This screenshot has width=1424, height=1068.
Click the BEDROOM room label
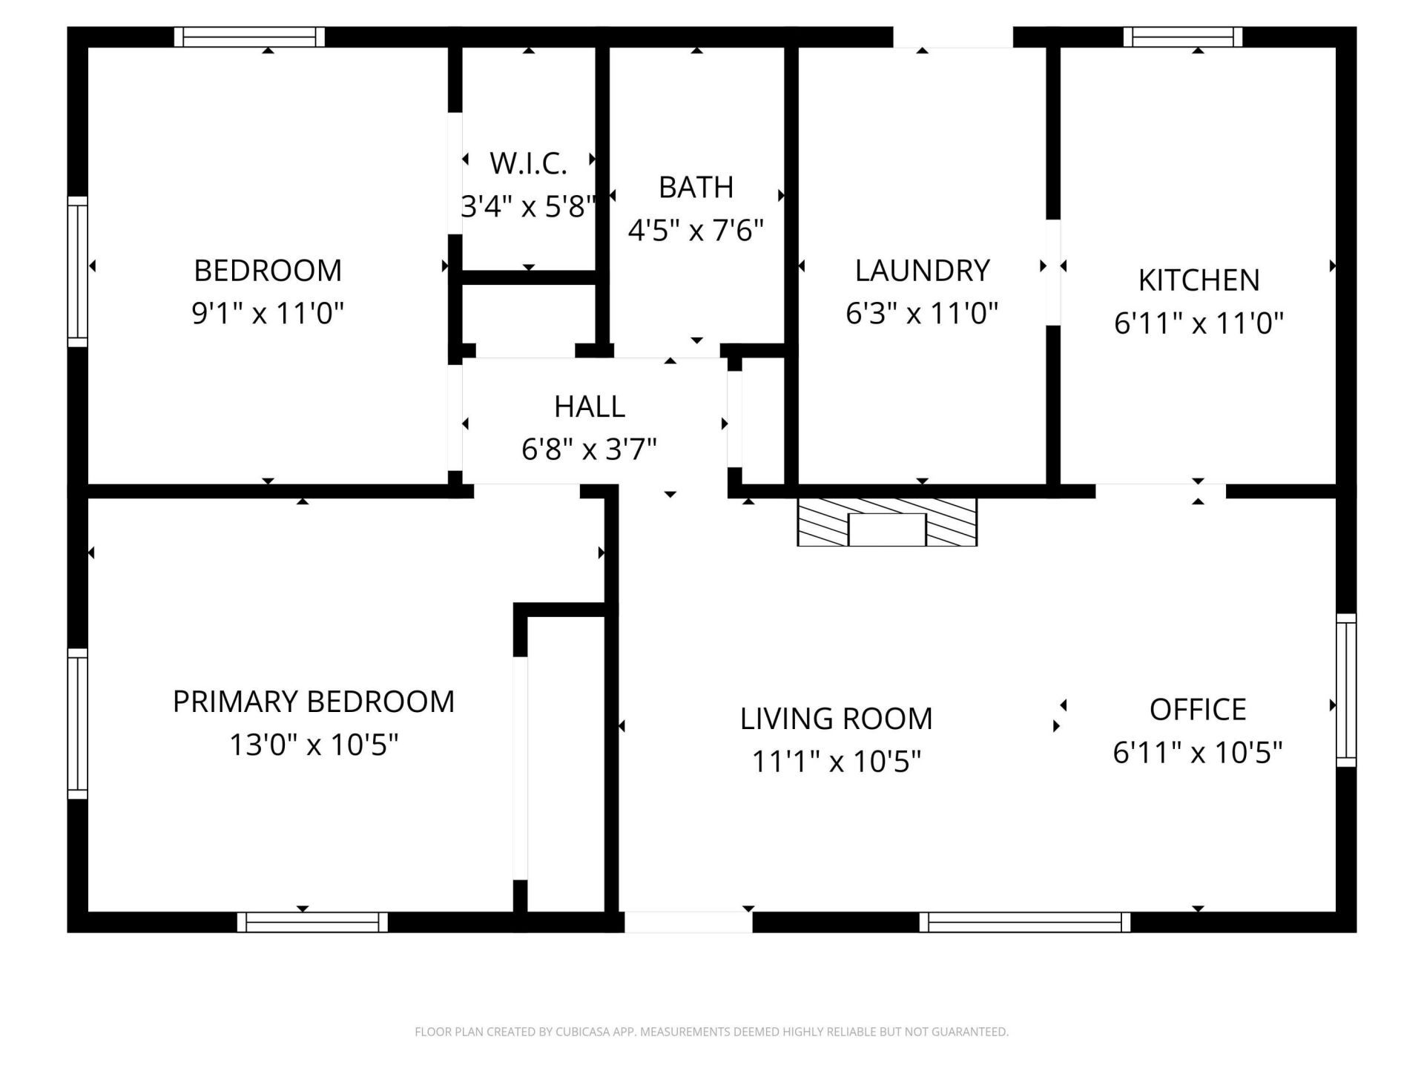pos(268,271)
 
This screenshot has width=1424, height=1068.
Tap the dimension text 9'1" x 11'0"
pos(268,313)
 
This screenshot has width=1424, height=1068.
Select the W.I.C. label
pos(528,164)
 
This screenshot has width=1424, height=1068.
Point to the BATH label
pos(696,188)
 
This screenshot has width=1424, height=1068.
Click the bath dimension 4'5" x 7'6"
pos(696,231)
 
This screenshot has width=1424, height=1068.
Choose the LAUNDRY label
pos(922,271)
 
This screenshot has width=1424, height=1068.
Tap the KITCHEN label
pos(1199,280)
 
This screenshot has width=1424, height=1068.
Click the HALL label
pos(590,406)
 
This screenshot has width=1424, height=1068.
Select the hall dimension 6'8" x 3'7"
pos(590,449)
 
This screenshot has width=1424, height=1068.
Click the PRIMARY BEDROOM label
pos(313,702)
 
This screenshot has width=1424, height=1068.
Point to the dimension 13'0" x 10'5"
pos(313,745)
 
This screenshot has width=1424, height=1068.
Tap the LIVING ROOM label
pos(836,719)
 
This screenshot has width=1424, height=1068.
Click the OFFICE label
pos(1197,710)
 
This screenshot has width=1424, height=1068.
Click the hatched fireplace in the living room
pos(887,522)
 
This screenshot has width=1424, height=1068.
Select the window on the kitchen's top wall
pos(1183,36)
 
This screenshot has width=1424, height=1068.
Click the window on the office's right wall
pos(1346,690)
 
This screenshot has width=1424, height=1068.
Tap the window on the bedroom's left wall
pos(78,271)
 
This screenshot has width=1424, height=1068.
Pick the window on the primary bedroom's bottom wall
pos(312,922)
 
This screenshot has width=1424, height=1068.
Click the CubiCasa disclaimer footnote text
pos(711,1032)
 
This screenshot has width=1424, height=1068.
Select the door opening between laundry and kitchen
pos(1052,272)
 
